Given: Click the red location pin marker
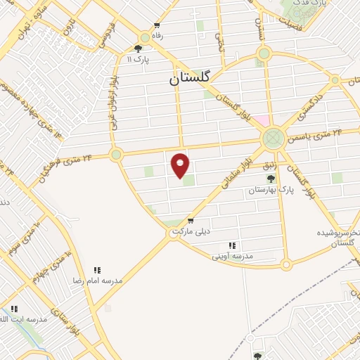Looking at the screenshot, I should (x=181, y=165).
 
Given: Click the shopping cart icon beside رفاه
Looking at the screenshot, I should (x=145, y=37).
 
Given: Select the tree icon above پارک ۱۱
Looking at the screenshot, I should (x=138, y=49).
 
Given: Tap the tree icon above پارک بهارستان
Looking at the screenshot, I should (x=271, y=179).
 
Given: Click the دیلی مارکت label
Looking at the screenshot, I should (x=194, y=231).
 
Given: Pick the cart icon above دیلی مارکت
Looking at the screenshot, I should (x=190, y=220).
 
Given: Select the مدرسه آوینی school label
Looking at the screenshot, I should (x=232, y=257).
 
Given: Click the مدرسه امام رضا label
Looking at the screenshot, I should (x=98, y=280).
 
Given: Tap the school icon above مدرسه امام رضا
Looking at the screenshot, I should (x=98, y=269).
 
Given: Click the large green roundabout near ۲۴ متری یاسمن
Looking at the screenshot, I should (x=273, y=138).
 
